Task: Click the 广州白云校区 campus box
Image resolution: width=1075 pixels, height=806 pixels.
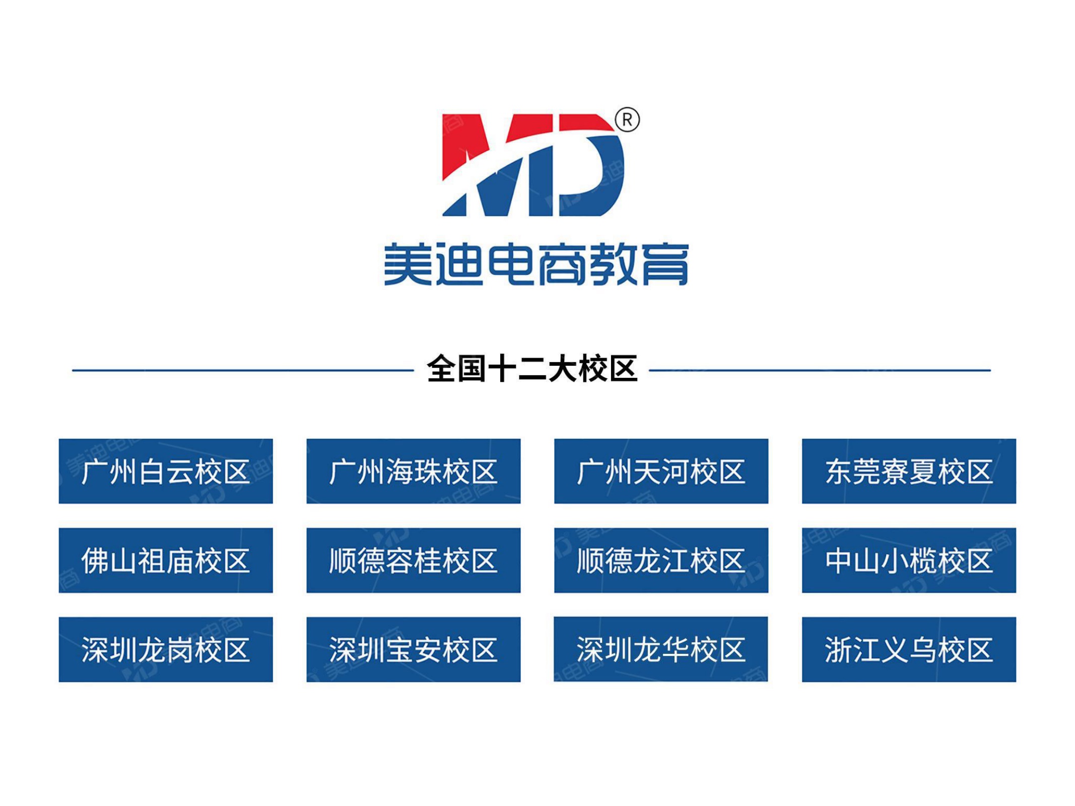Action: click(x=166, y=471)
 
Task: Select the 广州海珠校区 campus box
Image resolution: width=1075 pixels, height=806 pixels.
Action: click(x=414, y=471)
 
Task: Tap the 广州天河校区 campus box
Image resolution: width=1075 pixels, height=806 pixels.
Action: click(x=661, y=471)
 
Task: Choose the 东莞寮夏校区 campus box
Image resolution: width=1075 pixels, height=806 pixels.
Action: click(x=909, y=471)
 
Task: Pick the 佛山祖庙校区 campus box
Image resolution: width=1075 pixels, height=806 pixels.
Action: click(x=166, y=560)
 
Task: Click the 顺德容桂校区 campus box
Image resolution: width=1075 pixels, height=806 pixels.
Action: click(x=414, y=560)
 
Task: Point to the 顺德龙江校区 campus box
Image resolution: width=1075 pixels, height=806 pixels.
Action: click(x=661, y=560)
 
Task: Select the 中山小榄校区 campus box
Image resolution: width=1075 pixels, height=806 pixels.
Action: click(x=909, y=560)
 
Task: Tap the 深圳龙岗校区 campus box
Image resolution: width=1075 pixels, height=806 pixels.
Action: click(x=166, y=649)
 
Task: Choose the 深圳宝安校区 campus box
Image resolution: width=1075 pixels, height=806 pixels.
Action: click(x=414, y=649)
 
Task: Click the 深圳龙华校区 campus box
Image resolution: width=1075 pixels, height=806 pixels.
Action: click(x=661, y=649)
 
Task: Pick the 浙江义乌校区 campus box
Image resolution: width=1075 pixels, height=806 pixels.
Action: click(x=909, y=649)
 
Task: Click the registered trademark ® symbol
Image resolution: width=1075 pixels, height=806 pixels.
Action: click(x=627, y=120)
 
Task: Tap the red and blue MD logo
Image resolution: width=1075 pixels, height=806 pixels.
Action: click(x=533, y=165)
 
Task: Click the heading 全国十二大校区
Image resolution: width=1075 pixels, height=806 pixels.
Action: click(x=532, y=369)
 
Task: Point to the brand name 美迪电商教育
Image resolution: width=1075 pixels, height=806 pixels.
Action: click(x=536, y=264)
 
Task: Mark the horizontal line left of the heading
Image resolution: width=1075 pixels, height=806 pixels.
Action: click(x=243, y=370)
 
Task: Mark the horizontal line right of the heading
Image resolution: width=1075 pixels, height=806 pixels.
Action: click(x=820, y=370)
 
